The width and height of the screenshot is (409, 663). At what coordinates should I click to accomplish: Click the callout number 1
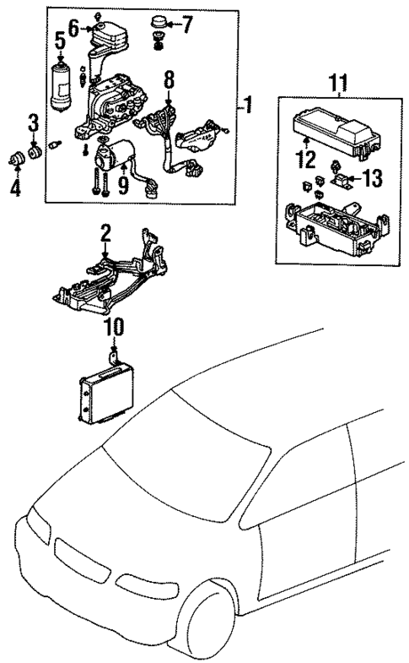pos(249,106)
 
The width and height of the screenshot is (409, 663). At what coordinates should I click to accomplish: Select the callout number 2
pos(106,231)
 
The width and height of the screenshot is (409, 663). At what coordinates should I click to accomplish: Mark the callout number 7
pos(187,25)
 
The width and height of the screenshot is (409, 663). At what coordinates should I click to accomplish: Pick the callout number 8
pos(169,81)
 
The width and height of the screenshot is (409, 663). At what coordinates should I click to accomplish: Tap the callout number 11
pos(337,83)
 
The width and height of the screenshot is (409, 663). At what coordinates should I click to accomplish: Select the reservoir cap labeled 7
pos(158,24)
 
